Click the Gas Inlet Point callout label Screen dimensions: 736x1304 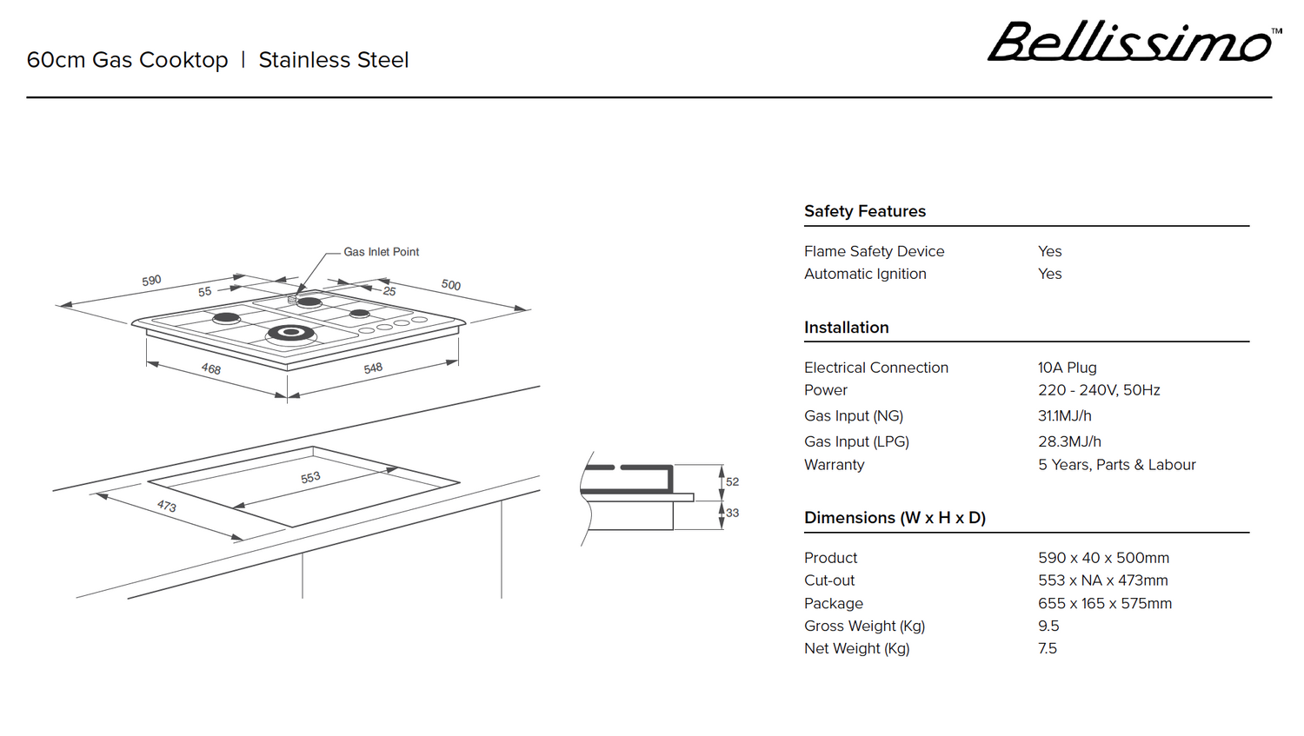381,252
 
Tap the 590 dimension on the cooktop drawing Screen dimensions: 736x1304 151,281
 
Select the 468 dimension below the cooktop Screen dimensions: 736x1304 211,369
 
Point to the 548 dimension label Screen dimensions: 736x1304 373,368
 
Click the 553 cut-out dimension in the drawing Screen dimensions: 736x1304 310,478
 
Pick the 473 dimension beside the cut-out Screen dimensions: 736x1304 167,506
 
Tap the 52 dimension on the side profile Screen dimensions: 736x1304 732,481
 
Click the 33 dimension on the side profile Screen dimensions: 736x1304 732,513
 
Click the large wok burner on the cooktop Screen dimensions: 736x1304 290,332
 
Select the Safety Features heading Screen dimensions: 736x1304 864,211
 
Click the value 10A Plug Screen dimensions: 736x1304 1067,368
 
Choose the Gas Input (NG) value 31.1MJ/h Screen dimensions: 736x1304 1064,416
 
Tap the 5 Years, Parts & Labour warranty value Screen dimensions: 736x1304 1116,465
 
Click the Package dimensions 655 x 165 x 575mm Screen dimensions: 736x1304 1104,603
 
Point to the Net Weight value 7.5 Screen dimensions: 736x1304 1047,648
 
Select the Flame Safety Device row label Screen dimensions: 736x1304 874,251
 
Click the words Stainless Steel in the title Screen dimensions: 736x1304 333,60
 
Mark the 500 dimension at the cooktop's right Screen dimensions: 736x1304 450,285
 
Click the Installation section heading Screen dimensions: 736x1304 846,328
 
